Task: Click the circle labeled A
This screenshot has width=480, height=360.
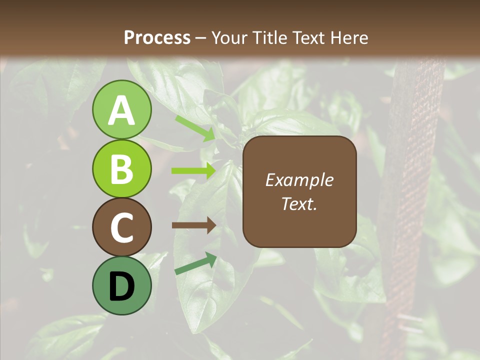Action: click(x=121, y=110)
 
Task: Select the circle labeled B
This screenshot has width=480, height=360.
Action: click(x=121, y=169)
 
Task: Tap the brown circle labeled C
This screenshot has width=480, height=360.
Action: click(x=121, y=227)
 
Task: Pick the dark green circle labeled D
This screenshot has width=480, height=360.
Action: click(x=121, y=286)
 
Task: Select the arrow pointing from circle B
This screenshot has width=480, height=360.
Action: click(x=194, y=171)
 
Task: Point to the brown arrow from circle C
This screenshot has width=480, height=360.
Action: click(x=194, y=225)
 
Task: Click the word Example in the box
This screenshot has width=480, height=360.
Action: click(x=299, y=180)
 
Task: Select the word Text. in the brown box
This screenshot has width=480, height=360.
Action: click(x=299, y=204)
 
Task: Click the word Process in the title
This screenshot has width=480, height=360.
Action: click(x=157, y=37)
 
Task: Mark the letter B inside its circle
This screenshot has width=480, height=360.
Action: click(x=121, y=169)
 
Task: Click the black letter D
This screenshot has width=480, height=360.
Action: click(x=121, y=287)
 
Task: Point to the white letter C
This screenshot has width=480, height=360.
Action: click(x=121, y=228)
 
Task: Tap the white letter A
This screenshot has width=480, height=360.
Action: click(x=121, y=110)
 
